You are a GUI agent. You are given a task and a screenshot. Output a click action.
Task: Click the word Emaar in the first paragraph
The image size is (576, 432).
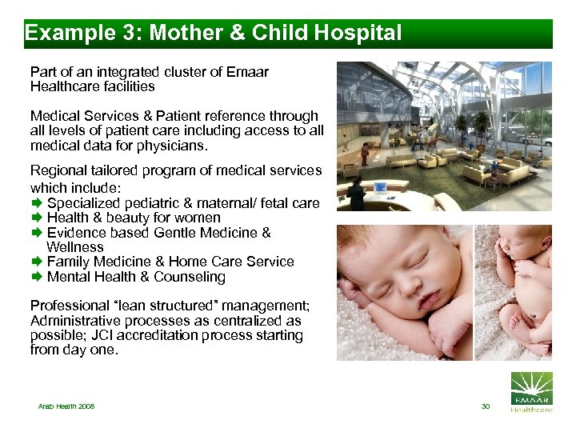click(248, 72)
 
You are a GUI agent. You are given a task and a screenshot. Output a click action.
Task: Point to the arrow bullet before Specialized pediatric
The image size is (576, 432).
click(36, 203)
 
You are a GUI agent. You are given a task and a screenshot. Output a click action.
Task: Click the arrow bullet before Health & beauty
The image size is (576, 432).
click(36, 218)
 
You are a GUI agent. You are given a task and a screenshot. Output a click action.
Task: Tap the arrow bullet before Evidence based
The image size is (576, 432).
click(36, 233)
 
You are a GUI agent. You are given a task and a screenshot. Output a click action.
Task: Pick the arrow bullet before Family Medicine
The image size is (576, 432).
click(36, 262)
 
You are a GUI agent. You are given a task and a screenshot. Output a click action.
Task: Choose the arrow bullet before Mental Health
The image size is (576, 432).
click(36, 277)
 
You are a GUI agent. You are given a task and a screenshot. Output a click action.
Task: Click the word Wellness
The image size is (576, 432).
click(75, 247)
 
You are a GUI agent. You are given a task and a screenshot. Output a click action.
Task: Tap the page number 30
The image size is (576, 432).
click(485, 406)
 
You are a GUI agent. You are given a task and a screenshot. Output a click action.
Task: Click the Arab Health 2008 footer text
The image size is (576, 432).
click(66, 406)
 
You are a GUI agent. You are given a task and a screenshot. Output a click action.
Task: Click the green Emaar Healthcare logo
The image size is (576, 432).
click(530, 392)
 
